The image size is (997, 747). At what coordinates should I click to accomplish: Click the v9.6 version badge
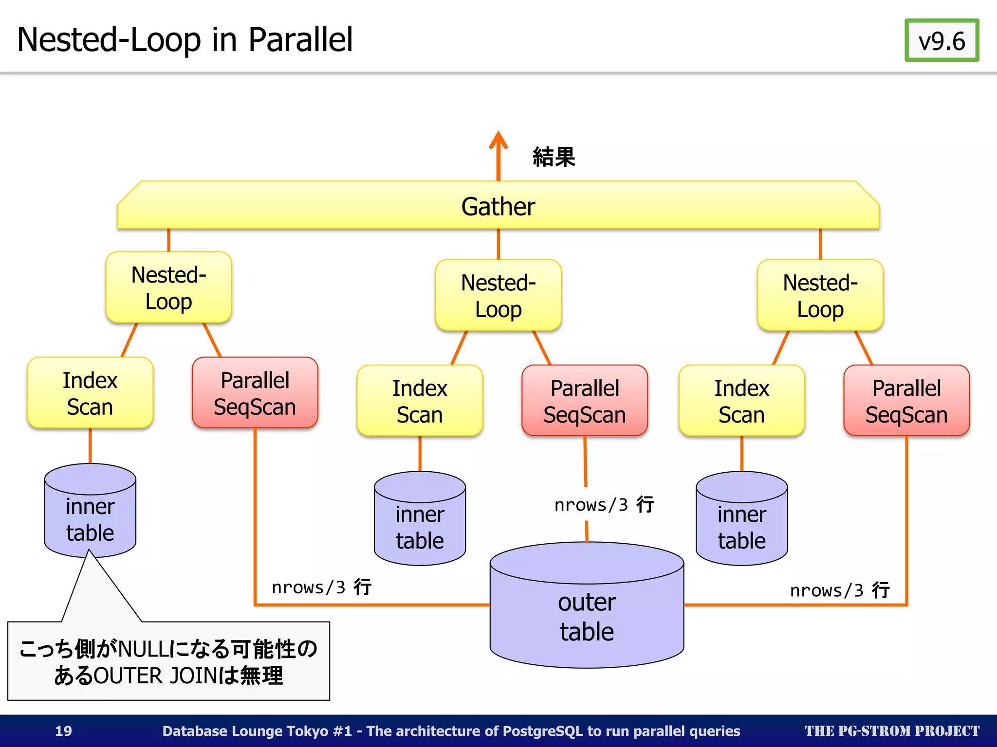(942, 41)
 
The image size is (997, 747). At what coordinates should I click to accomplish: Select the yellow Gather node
(498, 206)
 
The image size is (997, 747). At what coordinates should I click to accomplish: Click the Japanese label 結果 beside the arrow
(554, 157)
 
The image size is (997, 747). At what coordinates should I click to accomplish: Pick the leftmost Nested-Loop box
(168, 288)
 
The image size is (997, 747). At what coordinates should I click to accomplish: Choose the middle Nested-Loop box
(498, 296)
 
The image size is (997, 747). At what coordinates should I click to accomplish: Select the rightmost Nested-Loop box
(820, 296)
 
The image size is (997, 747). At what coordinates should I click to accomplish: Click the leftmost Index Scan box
(90, 393)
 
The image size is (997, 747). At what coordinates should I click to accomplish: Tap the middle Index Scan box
(420, 401)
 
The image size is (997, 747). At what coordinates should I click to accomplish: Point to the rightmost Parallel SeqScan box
(906, 401)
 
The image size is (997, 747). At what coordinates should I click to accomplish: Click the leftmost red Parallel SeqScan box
(255, 393)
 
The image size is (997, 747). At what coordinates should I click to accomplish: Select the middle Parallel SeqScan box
(584, 401)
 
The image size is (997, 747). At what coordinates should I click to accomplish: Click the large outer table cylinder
(587, 616)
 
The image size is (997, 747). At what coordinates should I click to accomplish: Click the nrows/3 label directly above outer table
(604, 505)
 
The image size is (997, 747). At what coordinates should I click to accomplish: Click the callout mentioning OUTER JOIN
(168, 661)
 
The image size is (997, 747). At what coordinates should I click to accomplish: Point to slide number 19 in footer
(63, 731)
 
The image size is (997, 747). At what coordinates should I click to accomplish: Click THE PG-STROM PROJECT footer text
(891, 731)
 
